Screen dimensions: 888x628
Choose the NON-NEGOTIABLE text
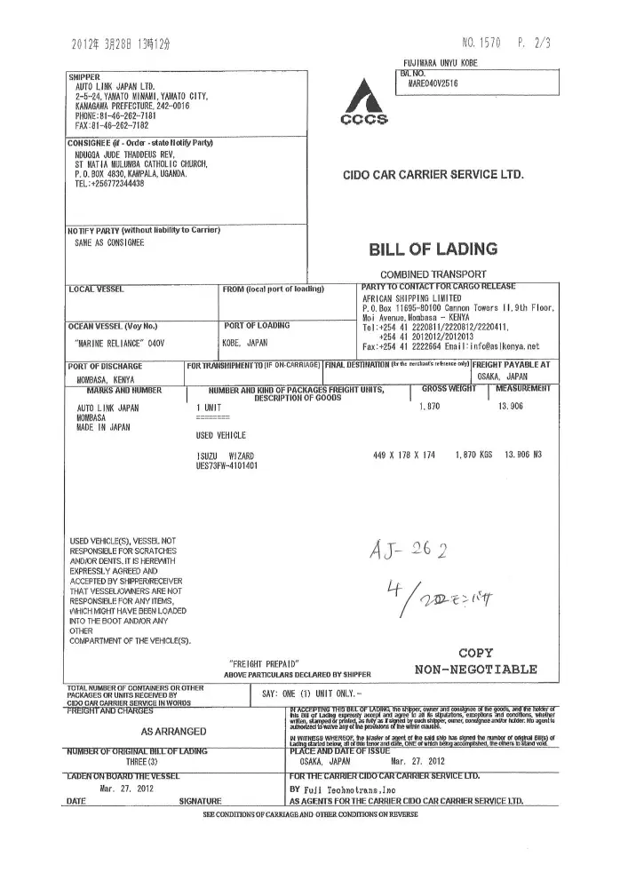pos(475,668)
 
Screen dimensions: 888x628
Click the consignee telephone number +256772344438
pos(115,184)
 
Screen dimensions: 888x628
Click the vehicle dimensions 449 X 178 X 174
pos(405,455)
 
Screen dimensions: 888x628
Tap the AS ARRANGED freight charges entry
pos(175,732)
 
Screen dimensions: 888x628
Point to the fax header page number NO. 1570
pos(482,43)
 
